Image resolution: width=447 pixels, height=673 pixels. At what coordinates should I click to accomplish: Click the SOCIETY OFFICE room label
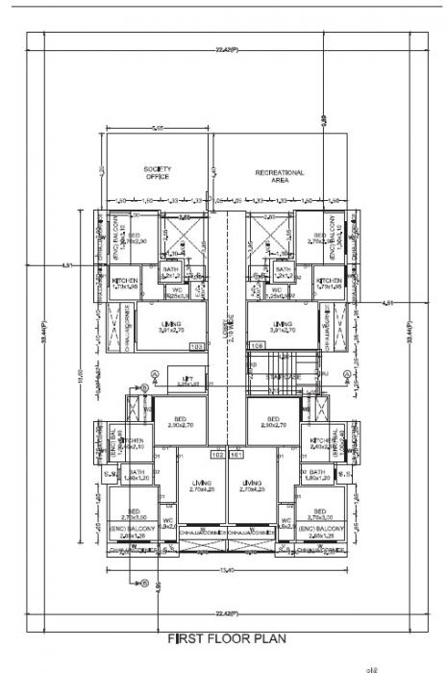[x=158, y=173]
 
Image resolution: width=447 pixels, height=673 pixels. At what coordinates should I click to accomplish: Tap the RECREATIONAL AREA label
[x=280, y=176]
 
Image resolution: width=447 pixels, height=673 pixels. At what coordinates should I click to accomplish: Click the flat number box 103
[x=197, y=345]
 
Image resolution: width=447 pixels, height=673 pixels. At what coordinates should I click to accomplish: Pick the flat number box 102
[x=217, y=454]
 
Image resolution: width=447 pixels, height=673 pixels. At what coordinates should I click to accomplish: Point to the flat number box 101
[x=236, y=454]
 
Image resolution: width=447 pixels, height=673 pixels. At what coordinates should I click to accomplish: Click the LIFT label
[x=187, y=382]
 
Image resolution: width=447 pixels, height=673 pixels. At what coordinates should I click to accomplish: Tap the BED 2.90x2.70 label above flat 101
[x=273, y=423]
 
